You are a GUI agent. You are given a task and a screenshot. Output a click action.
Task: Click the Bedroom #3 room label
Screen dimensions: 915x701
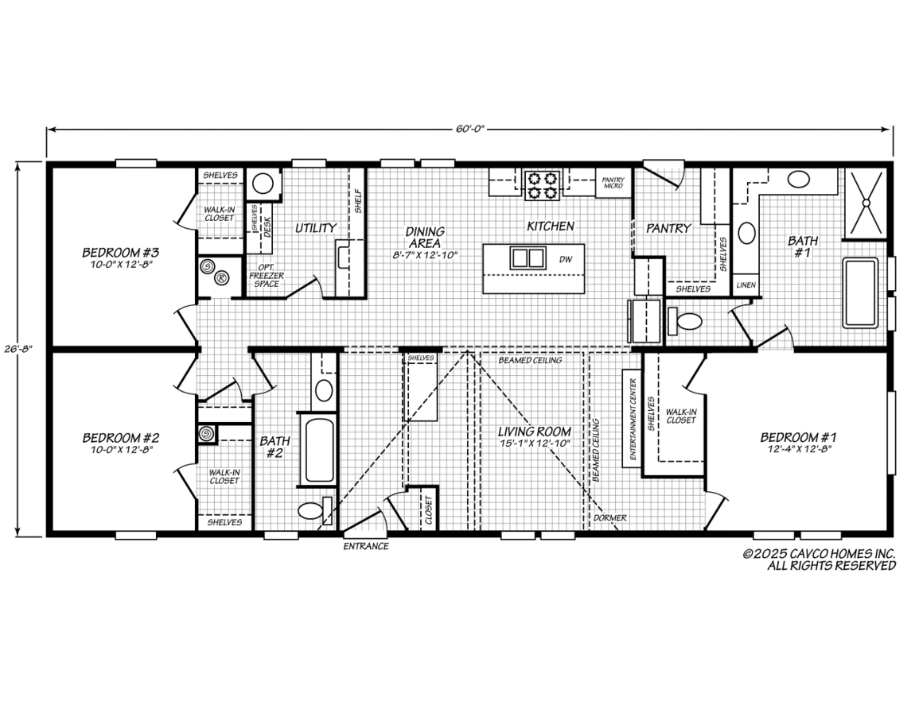120,252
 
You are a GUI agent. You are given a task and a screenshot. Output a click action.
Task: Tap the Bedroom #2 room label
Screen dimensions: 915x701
120,438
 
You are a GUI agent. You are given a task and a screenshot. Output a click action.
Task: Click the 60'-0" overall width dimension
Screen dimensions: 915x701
470,129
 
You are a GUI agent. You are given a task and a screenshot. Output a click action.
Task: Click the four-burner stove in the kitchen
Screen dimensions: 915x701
543,184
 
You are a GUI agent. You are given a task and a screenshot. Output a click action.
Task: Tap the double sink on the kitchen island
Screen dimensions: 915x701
528,257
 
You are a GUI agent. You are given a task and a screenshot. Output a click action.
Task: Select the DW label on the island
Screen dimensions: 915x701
566,259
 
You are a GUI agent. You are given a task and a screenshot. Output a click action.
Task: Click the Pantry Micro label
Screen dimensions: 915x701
613,183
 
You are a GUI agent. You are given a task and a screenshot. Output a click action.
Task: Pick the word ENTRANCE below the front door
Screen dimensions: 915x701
366,547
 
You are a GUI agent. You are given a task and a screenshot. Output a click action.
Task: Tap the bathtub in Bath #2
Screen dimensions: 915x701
318,449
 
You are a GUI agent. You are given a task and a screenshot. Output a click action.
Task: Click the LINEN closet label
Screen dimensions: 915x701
746,285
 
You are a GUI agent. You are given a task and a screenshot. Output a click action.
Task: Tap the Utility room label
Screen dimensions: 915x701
316,228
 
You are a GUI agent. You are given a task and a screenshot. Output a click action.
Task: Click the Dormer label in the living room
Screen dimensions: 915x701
610,517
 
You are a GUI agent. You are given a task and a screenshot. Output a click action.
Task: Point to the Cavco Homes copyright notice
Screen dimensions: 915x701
819,560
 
